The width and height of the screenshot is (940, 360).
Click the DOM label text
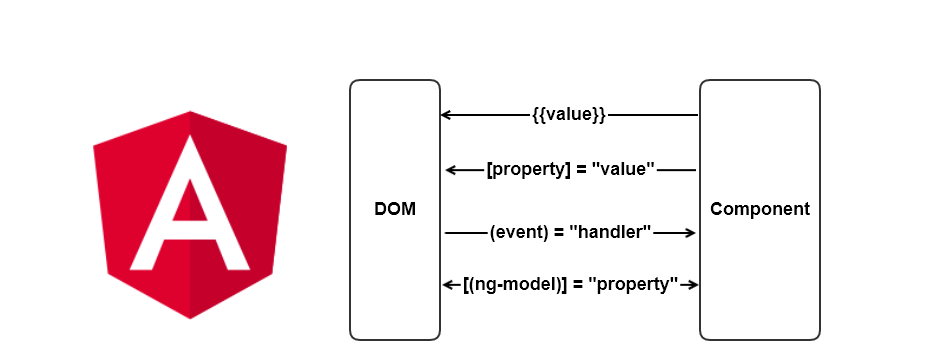pos(395,210)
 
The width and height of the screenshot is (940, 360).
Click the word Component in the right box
pos(759,210)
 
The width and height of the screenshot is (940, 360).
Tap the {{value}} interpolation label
pos(570,115)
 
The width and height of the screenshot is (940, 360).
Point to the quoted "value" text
pos(623,170)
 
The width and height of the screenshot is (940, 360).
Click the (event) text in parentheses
pos(519,233)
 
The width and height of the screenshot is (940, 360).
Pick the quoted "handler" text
pos(611,233)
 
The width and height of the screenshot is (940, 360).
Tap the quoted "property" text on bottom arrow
pos(633,285)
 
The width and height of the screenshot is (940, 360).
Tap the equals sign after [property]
pos(577,170)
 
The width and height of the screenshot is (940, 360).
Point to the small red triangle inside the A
pos(190,205)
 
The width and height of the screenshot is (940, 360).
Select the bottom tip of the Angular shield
pos(190,317)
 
